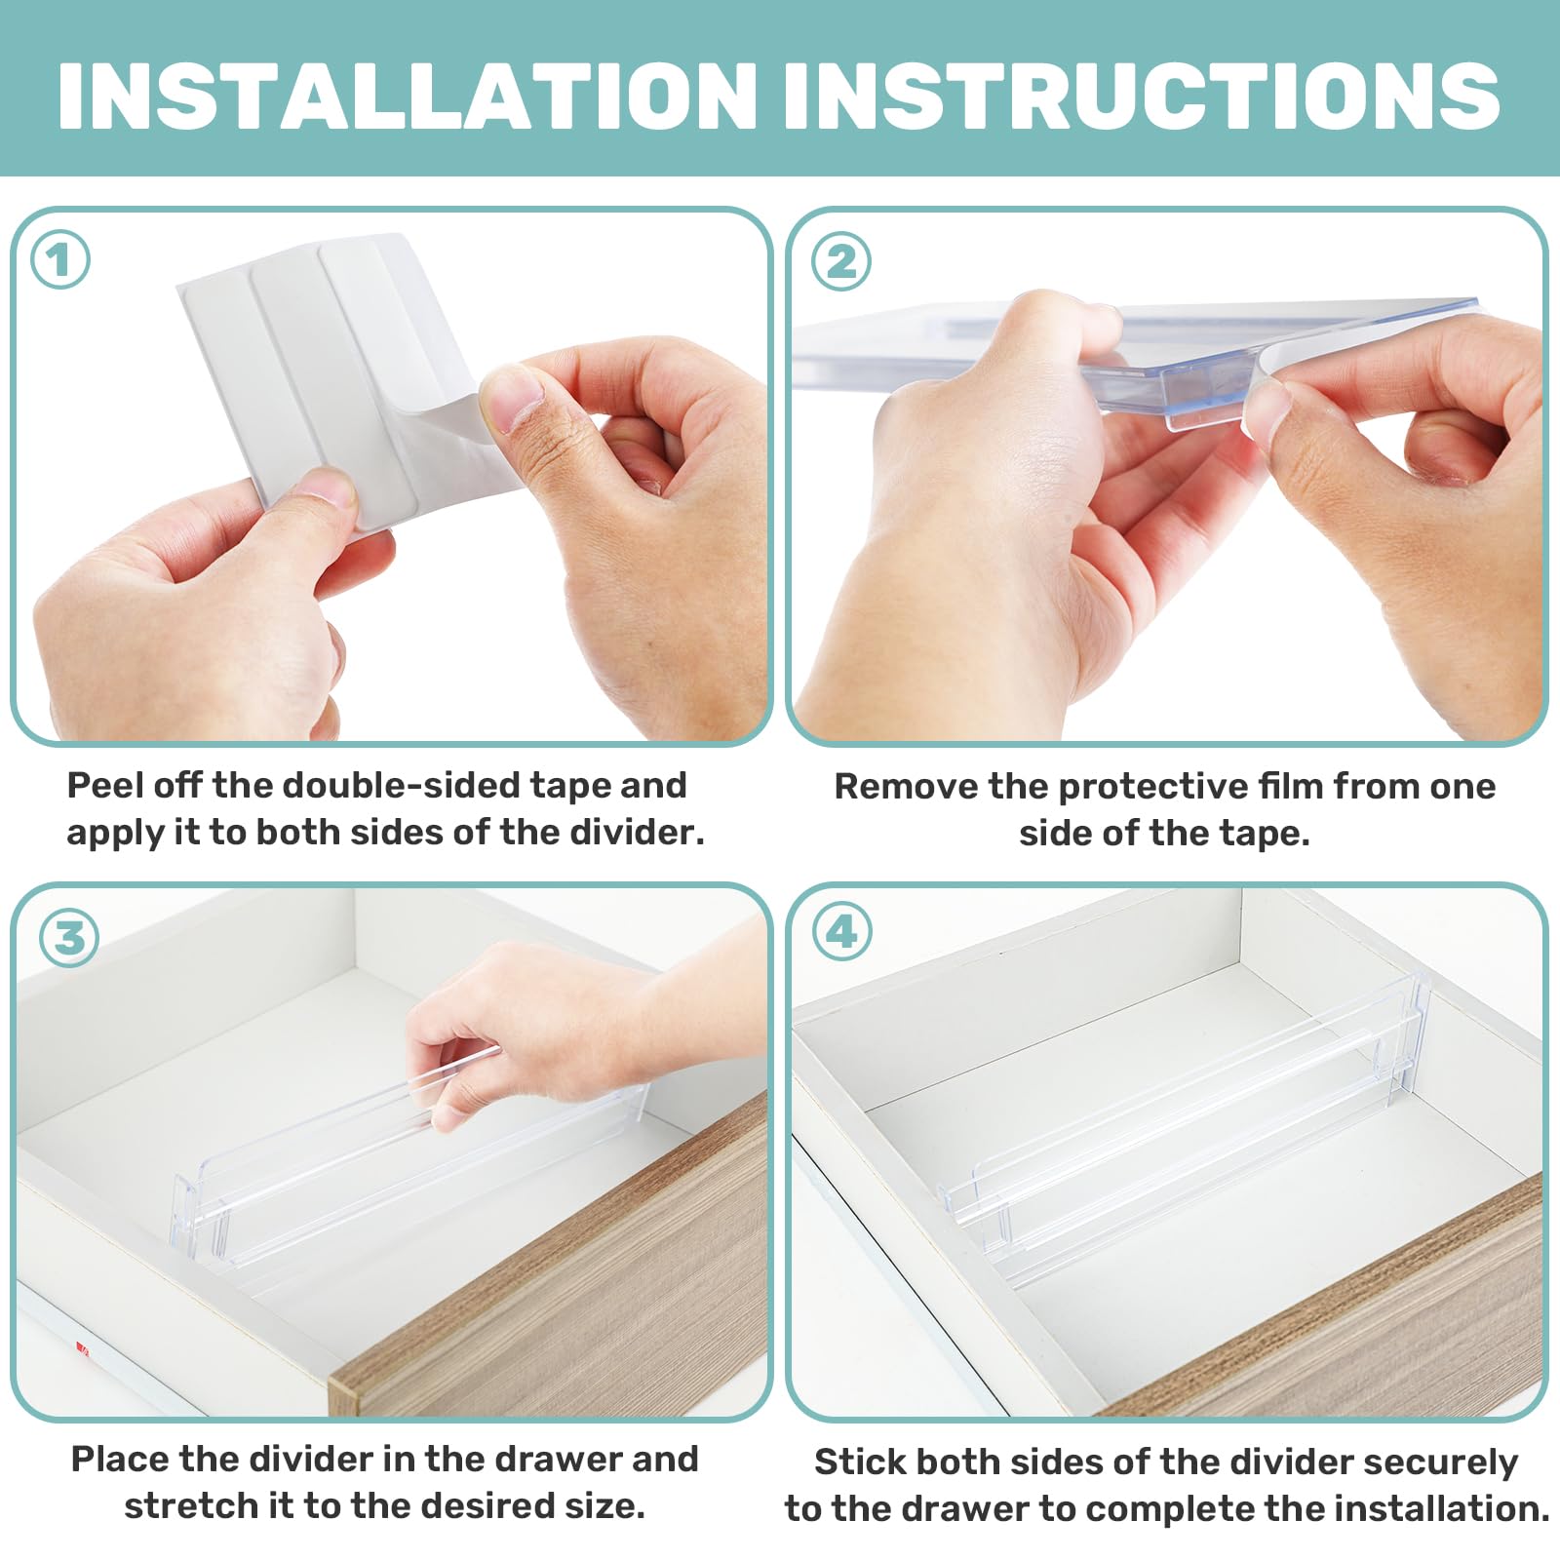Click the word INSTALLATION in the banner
[x=408, y=96]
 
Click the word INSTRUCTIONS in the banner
[x=1141, y=96]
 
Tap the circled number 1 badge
[x=60, y=260]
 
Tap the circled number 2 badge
[x=841, y=261]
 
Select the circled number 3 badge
[x=69, y=938]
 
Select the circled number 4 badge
[x=841, y=932]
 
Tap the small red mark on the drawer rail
[x=83, y=1349]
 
